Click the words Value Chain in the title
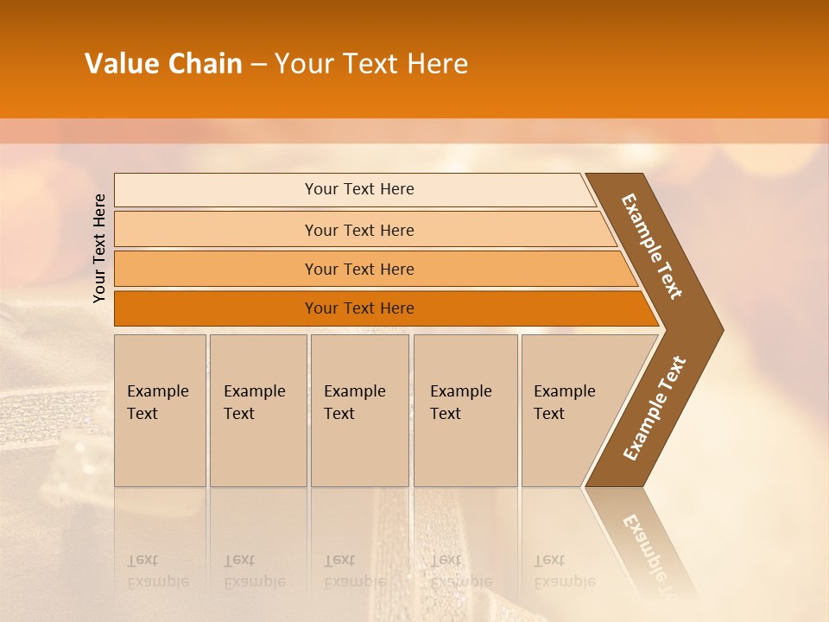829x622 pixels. (163, 64)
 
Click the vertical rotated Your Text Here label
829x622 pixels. (99, 248)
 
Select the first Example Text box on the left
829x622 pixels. (160, 410)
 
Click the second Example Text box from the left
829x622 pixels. (257, 410)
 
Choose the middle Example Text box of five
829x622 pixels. (359, 410)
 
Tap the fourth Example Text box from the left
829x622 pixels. (465, 410)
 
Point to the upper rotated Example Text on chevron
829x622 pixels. (652, 246)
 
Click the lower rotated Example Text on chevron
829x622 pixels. (655, 408)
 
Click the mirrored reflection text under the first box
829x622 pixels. (157, 572)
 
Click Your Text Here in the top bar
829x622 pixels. (359, 189)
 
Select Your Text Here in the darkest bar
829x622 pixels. (359, 308)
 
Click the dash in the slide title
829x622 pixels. (258, 65)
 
